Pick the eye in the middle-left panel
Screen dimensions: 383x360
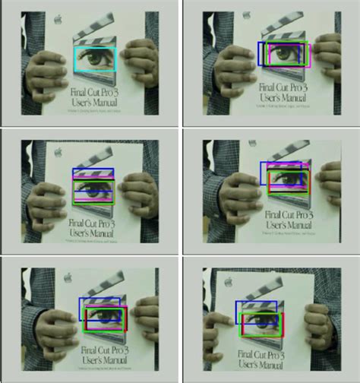point(93,187)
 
